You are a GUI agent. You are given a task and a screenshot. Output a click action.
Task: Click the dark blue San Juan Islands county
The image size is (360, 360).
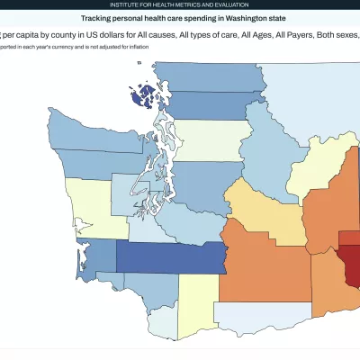click(142, 96)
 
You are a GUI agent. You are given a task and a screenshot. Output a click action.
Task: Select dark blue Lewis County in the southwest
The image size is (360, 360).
click(171, 256)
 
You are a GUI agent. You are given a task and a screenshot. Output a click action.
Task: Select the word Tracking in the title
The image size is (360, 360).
click(97, 17)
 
